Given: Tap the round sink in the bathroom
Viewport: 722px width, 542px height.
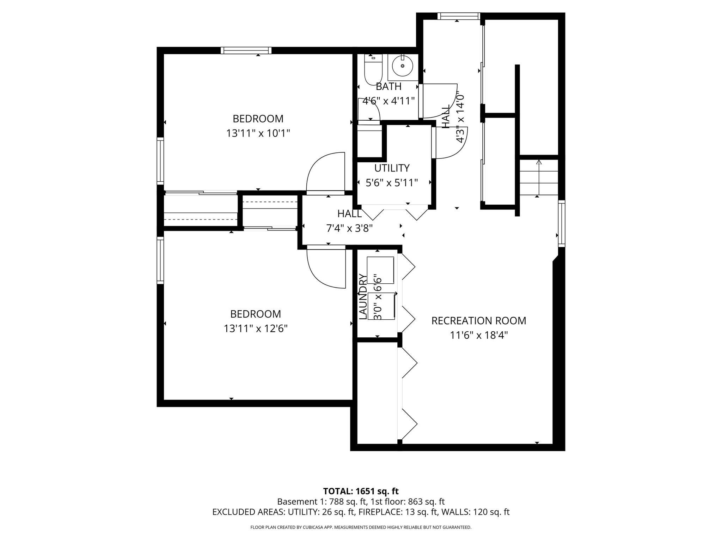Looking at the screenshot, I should tap(402, 66).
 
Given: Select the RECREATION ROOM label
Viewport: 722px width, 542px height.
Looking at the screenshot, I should tap(478, 321).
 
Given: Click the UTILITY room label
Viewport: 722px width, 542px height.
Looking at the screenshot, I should tap(392, 168).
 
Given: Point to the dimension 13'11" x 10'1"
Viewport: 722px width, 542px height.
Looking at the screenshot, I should tap(258, 133).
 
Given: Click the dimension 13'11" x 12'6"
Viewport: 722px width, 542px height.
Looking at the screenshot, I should tap(256, 329).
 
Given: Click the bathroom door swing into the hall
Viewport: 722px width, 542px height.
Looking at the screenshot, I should tap(439, 101).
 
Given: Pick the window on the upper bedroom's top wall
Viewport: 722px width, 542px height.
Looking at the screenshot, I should tap(246, 50).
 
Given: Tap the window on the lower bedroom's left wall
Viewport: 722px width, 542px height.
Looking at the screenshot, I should tap(160, 260).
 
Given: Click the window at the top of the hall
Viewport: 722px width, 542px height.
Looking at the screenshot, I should tap(458, 16).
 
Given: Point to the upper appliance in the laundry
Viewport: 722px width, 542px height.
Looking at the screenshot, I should tap(380, 270).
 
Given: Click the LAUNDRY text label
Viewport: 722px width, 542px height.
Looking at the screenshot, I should tap(362, 296).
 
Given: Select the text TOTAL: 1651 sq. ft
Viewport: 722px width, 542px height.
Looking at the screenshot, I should tap(361, 491).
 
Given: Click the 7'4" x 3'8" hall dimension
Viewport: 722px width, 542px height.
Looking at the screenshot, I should tap(349, 229).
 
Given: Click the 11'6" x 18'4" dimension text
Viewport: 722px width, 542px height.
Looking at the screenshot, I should tap(478, 335).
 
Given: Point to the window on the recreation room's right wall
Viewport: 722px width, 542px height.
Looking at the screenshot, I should tap(561, 223).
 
